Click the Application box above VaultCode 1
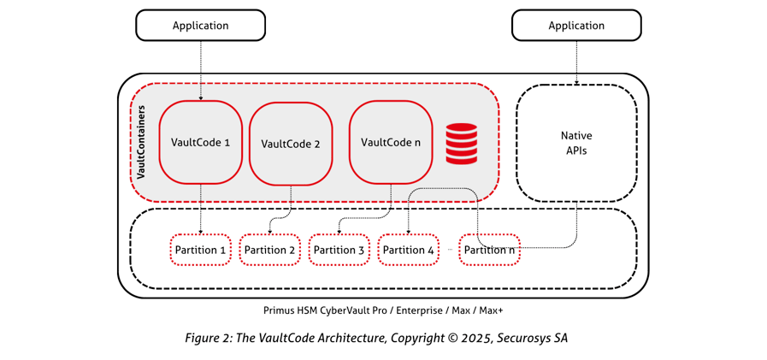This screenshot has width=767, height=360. [200, 26]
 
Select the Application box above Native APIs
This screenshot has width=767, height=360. [576, 26]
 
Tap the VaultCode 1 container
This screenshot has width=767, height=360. [201, 142]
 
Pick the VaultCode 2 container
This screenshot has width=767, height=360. [291, 144]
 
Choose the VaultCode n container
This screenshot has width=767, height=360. [391, 142]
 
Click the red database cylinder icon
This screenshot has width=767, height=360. [461, 144]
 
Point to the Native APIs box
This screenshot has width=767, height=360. [576, 143]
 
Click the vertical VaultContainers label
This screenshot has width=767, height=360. [141, 142]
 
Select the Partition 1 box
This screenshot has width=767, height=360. [200, 250]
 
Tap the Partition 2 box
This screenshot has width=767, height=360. [269, 250]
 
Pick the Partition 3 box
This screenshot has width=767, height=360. [339, 250]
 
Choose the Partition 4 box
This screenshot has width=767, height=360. [408, 250]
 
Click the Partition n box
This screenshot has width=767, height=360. [489, 250]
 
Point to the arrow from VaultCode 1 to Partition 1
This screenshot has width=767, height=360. [201, 209]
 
